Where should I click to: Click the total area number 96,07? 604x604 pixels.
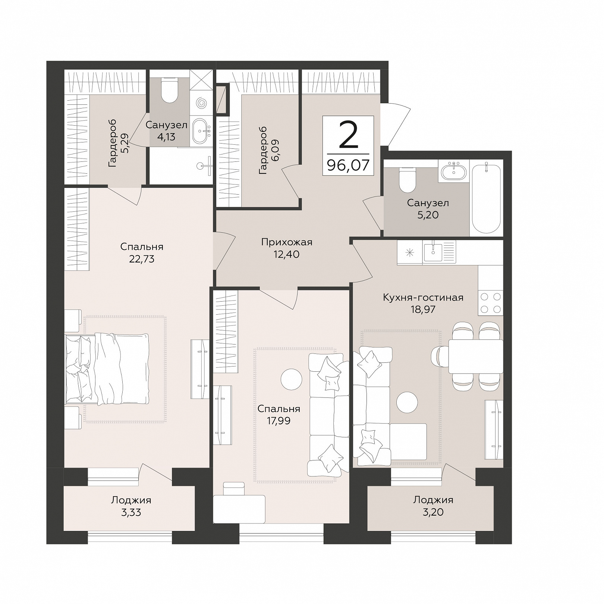348,165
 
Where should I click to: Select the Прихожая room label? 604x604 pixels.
286,242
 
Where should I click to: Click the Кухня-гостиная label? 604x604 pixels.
423,298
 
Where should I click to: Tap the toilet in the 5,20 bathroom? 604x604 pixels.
407,179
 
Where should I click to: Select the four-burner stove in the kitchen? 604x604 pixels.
491,302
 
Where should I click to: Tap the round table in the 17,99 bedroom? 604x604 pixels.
291,380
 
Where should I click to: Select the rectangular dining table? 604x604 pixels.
475,356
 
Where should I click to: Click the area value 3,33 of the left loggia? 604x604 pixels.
131,512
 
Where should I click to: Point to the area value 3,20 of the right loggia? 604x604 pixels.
433,512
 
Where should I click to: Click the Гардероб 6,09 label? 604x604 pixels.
269,150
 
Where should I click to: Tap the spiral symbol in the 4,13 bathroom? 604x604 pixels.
202,102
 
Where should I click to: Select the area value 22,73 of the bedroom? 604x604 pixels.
142,259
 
